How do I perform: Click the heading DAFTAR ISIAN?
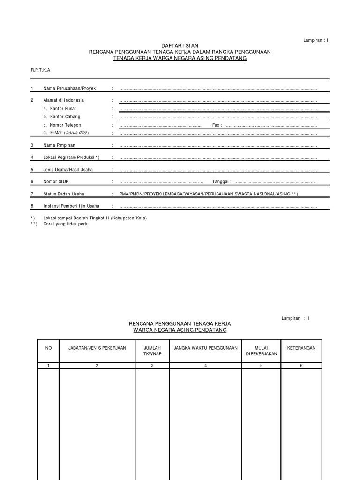[x=180, y=45]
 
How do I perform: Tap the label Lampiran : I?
[x=316, y=41]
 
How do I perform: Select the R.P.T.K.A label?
[x=40, y=69]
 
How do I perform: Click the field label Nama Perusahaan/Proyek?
[x=69, y=89]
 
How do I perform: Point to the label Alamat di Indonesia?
[x=63, y=100]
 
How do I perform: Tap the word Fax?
[x=216, y=125]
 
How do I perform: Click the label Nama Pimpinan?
[x=60, y=146]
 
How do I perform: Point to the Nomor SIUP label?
[x=56, y=181]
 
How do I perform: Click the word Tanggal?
[x=221, y=181]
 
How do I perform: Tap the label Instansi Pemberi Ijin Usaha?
[x=71, y=206]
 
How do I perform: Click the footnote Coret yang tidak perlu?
[x=66, y=224]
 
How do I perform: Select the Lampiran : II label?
[x=296, y=318]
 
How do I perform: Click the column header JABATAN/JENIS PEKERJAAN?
[x=97, y=348]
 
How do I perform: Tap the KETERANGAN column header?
[x=301, y=348]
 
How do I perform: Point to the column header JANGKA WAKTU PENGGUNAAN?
[x=205, y=348]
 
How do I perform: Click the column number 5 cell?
[x=261, y=366]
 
